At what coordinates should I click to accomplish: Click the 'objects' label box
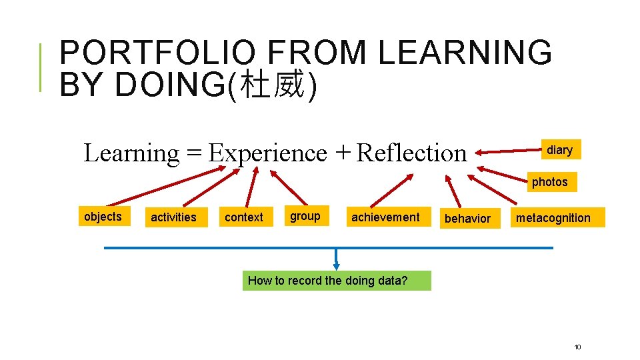pyautogui.click(x=103, y=216)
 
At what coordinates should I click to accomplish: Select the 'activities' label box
pyautogui.click(x=173, y=217)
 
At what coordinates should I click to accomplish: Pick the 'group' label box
pyautogui.click(x=305, y=216)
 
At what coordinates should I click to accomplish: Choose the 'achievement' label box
pyautogui.click(x=385, y=217)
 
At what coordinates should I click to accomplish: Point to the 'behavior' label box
pyautogui.click(x=467, y=218)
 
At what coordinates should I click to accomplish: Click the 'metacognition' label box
pyautogui.click(x=553, y=218)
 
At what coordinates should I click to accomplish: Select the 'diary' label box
pyautogui.click(x=559, y=150)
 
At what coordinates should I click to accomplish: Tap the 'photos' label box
pyautogui.click(x=549, y=182)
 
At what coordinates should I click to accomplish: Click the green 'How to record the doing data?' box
pyautogui.click(x=336, y=281)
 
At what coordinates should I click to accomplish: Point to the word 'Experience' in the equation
pyautogui.click(x=267, y=153)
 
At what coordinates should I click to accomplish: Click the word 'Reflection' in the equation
pyautogui.click(x=411, y=153)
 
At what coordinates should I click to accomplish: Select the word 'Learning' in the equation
pyautogui.click(x=131, y=153)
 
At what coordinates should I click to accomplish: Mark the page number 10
pyautogui.click(x=577, y=347)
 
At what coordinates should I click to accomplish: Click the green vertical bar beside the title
pyautogui.click(x=41, y=67)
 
